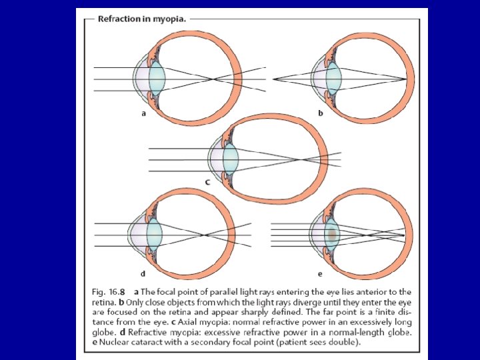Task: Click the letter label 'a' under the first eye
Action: click(143, 113)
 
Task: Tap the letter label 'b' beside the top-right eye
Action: click(320, 113)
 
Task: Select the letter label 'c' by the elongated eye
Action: click(207, 181)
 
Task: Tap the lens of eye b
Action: click(334, 79)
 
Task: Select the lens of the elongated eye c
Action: click(230, 159)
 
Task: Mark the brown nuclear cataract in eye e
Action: click(331, 234)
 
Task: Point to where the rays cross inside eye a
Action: click(213, 79)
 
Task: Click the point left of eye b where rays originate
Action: click(274, 79)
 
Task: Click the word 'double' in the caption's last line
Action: click(341, 341)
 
